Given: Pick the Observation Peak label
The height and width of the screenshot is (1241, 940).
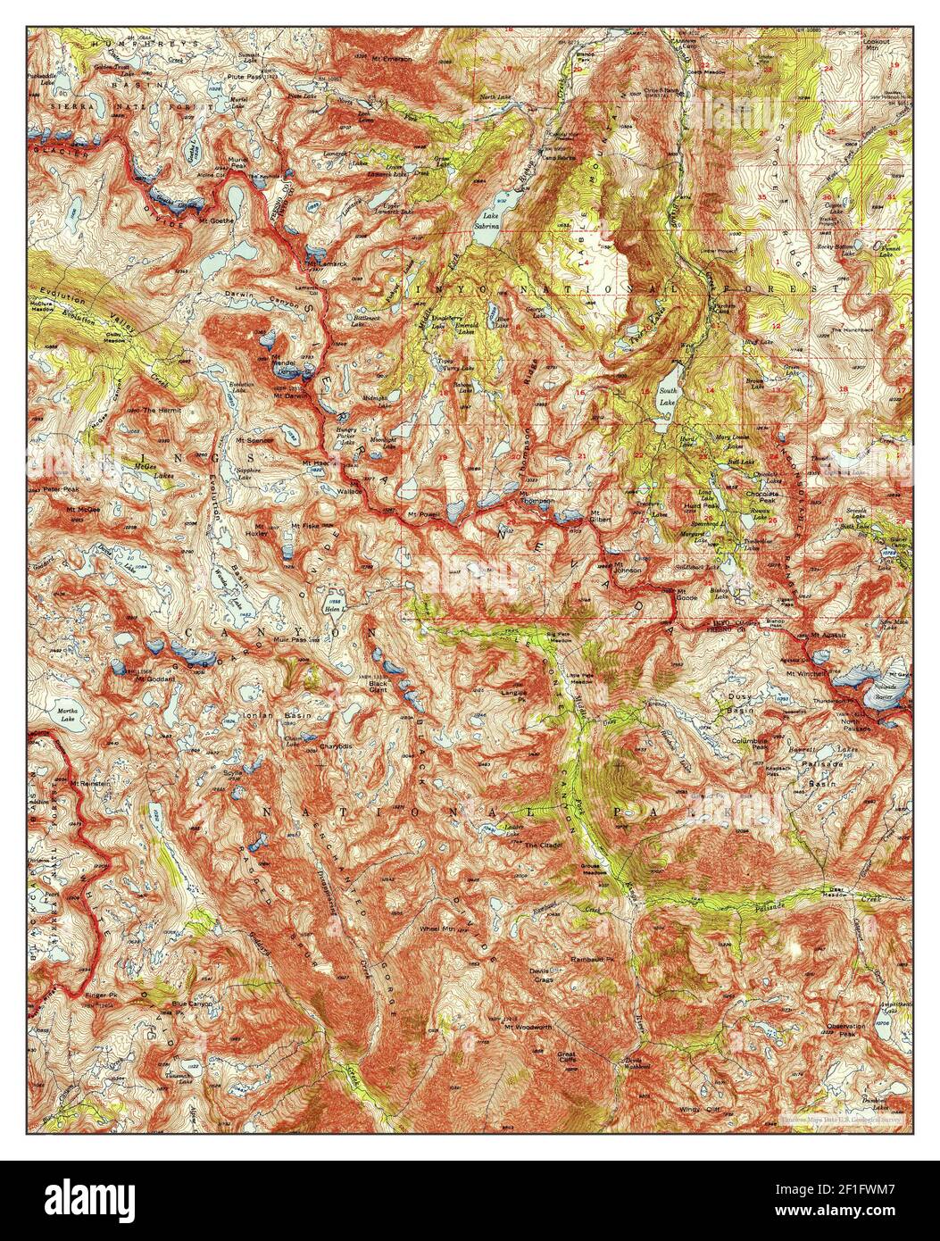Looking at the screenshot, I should coord(844,1029).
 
